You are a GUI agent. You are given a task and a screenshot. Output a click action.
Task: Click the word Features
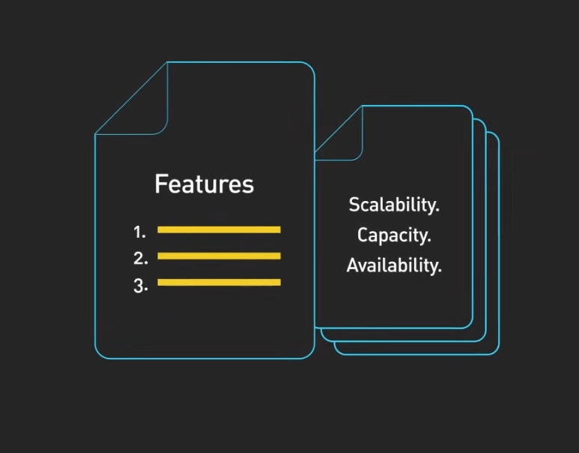[204, 184]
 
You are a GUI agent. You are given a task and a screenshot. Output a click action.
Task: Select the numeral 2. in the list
[140, 259]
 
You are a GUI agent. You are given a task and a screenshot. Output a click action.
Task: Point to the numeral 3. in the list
[140, 286]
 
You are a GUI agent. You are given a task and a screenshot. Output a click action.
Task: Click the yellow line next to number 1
[219, 229]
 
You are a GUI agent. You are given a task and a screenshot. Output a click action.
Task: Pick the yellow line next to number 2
[219, 256]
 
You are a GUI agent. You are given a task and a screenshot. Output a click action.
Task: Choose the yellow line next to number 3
[219, 282]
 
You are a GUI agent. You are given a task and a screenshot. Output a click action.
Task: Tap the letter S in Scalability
[354, 205]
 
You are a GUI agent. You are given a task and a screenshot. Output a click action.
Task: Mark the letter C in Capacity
[363, 235]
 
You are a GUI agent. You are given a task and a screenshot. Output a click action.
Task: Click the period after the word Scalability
[437, 211]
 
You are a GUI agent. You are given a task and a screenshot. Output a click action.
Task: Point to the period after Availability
[440, 271]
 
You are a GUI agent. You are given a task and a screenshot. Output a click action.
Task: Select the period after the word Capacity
[429, 241]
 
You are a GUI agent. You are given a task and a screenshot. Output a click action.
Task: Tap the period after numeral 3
[146, 290]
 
